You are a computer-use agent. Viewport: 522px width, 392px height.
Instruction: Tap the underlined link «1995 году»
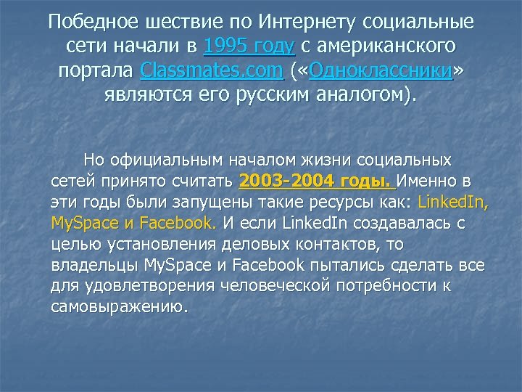[x=249, y=47]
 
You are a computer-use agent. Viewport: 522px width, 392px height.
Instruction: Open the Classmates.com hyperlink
[x=212, y=72]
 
